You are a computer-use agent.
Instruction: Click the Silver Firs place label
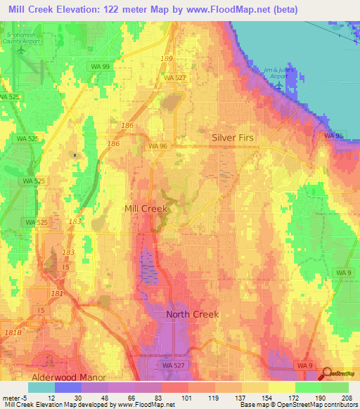point(233,138)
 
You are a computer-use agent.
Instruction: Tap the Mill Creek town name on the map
point(146,209)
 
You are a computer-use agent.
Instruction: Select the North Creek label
point(192,314)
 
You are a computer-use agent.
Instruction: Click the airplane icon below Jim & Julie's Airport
point(281,86)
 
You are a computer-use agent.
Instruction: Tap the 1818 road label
point(12,332)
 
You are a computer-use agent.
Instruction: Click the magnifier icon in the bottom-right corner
point(327,374)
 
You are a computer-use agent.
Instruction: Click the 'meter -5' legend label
point(14,398)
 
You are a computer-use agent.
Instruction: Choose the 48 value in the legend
point(108,398)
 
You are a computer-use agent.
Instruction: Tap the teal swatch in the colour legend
point(41,387)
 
